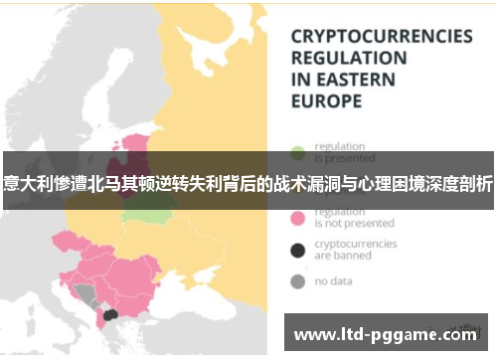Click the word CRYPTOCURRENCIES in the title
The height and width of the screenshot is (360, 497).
[381, 36]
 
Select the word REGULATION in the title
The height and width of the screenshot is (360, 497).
[348, 58]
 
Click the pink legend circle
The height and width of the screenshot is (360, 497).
[297, 216]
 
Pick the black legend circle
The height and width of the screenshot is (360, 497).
[297, 249]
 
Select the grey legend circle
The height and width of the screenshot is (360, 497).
[297, 281]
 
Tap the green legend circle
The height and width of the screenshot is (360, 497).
[297, 153]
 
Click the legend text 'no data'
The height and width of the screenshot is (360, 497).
[334, 281]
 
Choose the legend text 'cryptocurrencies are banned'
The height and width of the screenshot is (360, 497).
[355, 249]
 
